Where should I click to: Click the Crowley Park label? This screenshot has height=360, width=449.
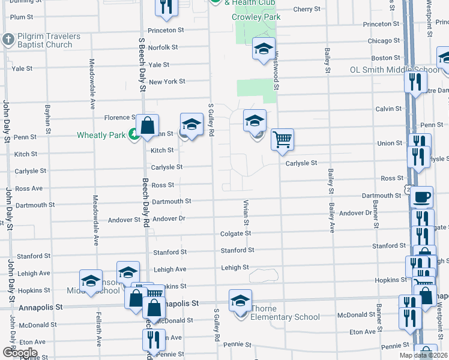[x=256, y=17]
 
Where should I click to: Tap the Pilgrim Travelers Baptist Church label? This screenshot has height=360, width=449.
[x=41, y=40]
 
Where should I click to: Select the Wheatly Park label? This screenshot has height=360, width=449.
[x=101, y=135]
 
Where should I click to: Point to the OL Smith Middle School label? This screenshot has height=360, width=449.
[x=394, y=70]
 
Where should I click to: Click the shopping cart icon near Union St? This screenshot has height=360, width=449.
[x=282, y=140]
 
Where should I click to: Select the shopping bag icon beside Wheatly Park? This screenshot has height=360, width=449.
[x=147, y=126]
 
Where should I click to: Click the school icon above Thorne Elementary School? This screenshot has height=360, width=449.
[x=240, y=301]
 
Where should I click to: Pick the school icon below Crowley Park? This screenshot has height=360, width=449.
[x=263, y=49]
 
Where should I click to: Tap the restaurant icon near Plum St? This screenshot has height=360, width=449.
[x=165, y=6]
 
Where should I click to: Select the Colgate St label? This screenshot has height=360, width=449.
[x=235, y=233]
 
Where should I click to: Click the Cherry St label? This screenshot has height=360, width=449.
[x=307, y=9]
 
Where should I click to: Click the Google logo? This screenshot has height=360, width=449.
[x=20, y=353]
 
